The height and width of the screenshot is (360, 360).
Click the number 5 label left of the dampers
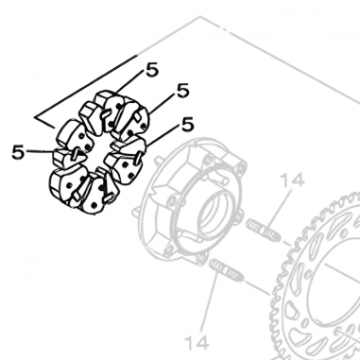pyautogui.click(x=18, y=149)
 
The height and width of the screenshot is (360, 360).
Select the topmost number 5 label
pyautogui.click(x=152, y=70)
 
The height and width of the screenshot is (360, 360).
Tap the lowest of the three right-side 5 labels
pyautogui.click(x=187, y=123)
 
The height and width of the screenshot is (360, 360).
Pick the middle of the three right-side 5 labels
pyautogui.click(x=182, y=91)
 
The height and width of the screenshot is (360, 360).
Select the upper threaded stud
pyautogui.click(x=264, y=228)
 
